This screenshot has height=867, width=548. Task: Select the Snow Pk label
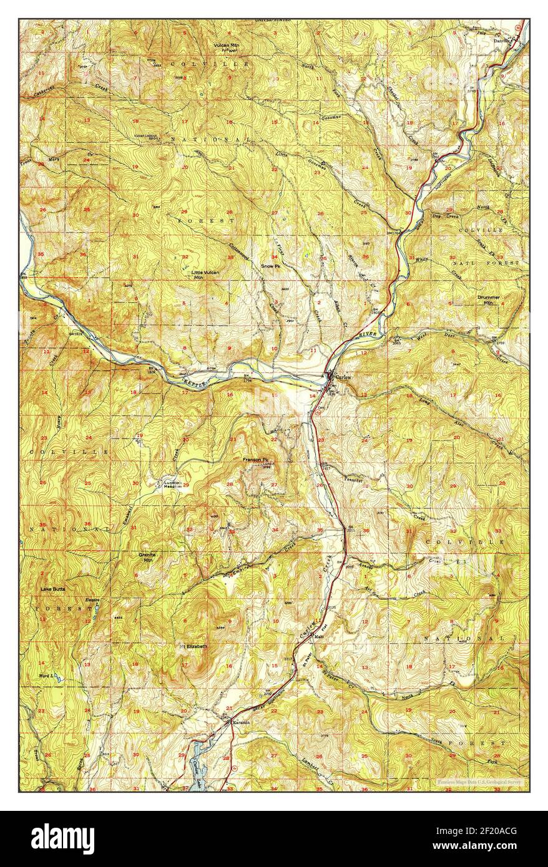270,266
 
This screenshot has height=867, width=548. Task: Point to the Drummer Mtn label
489,300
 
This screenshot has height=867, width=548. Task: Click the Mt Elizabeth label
193,646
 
